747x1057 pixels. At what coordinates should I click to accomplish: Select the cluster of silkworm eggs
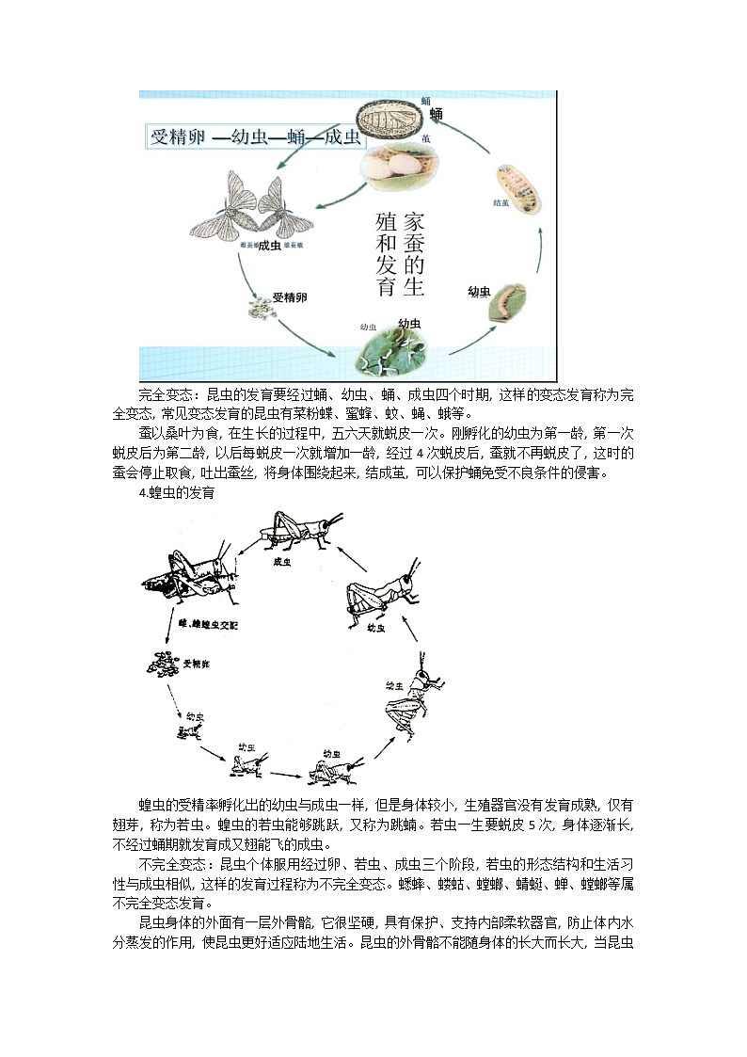coord(257,307)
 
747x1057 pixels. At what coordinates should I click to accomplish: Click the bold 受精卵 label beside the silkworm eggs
coord(290,296)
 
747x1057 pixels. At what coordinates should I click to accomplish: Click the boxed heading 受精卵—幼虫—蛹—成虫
coord(256,136)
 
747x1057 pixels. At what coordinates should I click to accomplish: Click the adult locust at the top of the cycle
coord(296,532)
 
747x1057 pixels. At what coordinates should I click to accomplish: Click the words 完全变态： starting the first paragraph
coord(170,393)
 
